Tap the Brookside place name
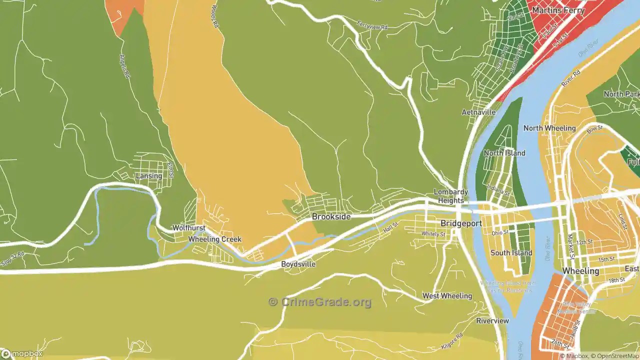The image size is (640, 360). pos(331,216)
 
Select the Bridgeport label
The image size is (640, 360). pos(461,223)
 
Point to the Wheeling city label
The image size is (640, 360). pos(580,271)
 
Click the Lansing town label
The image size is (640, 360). pos(149,176)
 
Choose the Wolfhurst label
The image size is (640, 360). pos(189,228)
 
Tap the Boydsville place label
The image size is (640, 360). pos(298,264)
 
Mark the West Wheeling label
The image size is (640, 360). pos(447,296)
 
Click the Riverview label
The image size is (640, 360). pos(492,320)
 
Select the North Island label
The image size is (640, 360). pos(504,153)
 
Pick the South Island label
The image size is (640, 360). pos(511,253)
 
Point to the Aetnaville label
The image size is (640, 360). pos(478,112)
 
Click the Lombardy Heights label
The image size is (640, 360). pos(450,196)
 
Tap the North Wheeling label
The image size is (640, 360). pos(549,128)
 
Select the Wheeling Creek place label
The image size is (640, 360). pos(214,239)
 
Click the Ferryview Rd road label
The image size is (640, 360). pos(372,25)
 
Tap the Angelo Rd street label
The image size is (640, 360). pos(125,66)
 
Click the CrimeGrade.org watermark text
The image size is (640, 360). pos(320,302)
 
